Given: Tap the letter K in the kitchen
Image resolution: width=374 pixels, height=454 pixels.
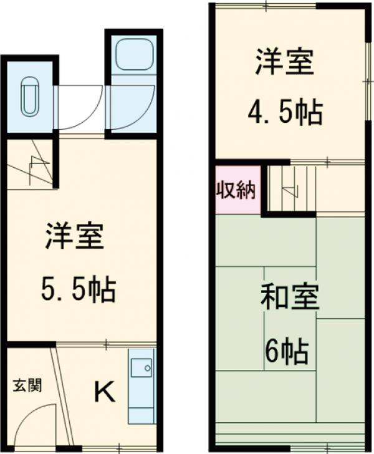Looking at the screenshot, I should pos(104,392).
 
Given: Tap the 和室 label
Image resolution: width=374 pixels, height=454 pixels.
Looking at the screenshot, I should pos(289,299).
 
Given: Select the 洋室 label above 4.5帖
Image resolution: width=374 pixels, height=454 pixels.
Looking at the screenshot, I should pos(284,62).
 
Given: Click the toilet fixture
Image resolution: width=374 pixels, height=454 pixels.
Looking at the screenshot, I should pos(29,97).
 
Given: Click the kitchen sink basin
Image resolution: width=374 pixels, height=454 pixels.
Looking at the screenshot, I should pos(141,367).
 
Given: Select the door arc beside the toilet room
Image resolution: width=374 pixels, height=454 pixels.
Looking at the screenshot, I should pos(81,106).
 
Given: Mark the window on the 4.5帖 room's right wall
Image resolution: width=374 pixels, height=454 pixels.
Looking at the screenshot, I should pos(366,81).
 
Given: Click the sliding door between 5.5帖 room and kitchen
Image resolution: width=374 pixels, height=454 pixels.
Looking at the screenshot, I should pos(106,344).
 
